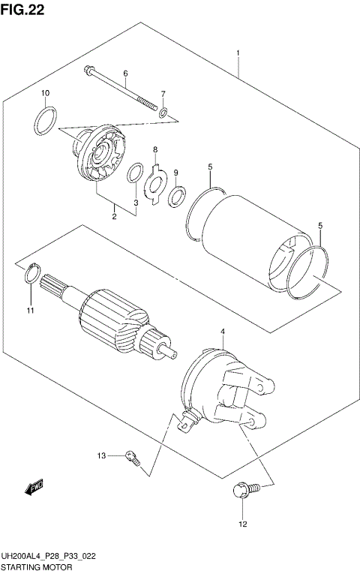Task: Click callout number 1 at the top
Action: click(x=238, y=53)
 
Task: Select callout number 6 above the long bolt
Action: click(x=125, y=73)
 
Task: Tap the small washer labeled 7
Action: click(x=163, y=113)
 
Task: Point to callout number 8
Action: click(x=155, y=149)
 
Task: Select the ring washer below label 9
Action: click(x=178, y=198)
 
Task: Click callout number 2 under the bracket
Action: click(x=114, y=218)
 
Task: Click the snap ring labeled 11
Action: click(x=29, y=275)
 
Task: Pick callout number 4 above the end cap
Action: click(x=222, y=331)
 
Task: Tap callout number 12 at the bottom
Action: click(x=242, y=524)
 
